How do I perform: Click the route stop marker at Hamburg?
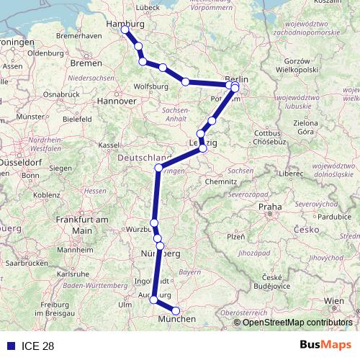point(125,30)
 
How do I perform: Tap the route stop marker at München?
point(176,311)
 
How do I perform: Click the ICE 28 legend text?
point(38,346)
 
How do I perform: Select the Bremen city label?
point(86,63)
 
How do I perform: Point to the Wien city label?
point(333,300)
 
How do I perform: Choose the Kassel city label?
point(109,145)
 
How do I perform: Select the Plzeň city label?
point(236,236)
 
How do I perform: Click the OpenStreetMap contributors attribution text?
point(297,323)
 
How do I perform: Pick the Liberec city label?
point(294,173)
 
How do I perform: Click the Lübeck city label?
point(147,8)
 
